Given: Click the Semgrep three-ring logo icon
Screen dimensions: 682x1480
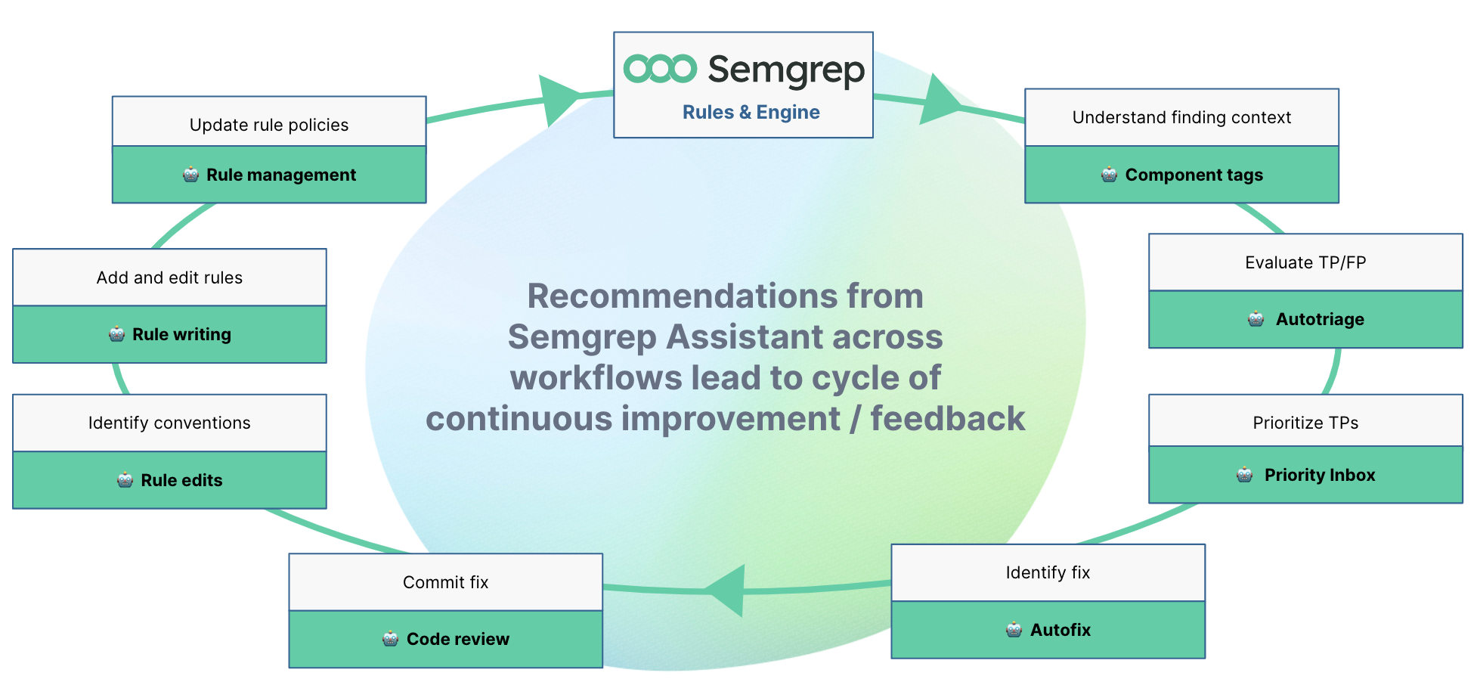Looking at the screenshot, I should pos(660,69).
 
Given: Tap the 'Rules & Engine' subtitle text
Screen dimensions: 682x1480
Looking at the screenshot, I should pos(751,112).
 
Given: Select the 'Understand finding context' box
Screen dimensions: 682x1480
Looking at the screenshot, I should pos(1181,117).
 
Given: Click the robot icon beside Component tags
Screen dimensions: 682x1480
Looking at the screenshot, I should pos(1109,175).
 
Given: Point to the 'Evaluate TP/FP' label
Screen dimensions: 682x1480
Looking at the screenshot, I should pos(1305,262).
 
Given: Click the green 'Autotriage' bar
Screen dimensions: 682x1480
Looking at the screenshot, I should pos(1305,320).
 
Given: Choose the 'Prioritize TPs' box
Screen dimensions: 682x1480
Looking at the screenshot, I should pos(1305,422).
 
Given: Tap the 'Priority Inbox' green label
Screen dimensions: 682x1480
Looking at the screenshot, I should pos(1319,475).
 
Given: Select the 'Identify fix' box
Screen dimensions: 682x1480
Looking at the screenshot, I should pos(1048,572).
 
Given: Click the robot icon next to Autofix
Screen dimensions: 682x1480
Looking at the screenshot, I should pos(1014,630).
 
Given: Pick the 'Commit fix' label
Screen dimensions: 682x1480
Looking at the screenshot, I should pos(445,582).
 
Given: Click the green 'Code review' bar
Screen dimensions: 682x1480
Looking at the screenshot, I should pos(445,640).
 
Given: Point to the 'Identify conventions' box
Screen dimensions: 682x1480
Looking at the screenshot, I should pos(169,423).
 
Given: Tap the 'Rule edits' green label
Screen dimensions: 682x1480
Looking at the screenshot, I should pos(181,480).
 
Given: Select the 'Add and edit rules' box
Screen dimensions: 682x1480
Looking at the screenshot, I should pos(169,277).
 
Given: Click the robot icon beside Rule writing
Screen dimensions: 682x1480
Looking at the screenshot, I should pos(116,334).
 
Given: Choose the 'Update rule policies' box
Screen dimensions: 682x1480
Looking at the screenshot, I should pos(269,125).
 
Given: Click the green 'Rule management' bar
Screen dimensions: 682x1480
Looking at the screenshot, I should pos(269,175).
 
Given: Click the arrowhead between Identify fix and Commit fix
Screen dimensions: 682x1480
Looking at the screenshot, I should pos(728,591).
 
